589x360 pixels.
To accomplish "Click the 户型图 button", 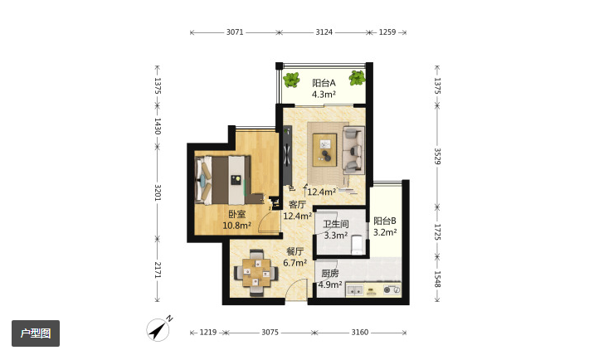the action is (36, 333).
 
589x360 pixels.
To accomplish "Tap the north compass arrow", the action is (158, 330).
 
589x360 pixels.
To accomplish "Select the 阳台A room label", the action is (324, 83).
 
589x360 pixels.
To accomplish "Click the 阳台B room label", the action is (385, 221).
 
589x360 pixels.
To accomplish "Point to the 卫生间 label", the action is (336, 224).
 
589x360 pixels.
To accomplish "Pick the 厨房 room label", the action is (329, 274).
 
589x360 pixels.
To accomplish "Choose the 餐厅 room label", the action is (294, 252).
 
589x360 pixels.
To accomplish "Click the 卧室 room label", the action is (236, 214).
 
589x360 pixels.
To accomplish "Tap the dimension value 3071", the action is (235, 32).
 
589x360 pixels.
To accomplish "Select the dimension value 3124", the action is (324, 32).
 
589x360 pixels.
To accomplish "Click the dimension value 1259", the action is (387, 32).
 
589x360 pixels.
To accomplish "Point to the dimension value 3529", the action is (437, 156).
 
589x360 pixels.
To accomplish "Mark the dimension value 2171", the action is (158, 270).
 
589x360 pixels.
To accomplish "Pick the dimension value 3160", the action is (360, 332).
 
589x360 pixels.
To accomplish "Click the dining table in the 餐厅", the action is (256, 273).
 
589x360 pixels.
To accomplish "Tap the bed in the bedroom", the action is (221, 180).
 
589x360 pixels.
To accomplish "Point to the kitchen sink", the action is (355, 290).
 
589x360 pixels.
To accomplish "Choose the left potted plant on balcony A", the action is (291, 80).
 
